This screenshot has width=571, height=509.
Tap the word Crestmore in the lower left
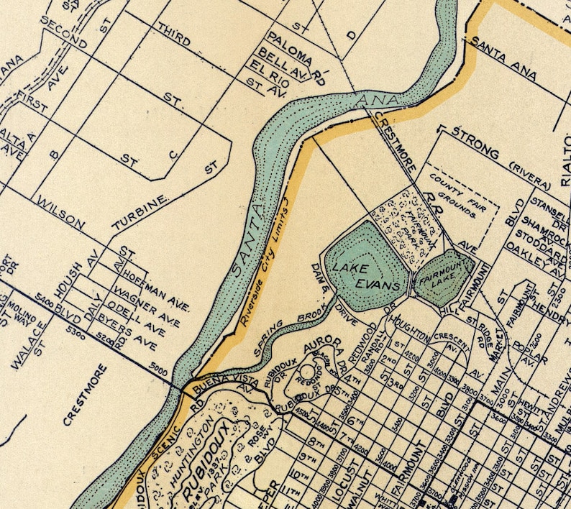(85, 395)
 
